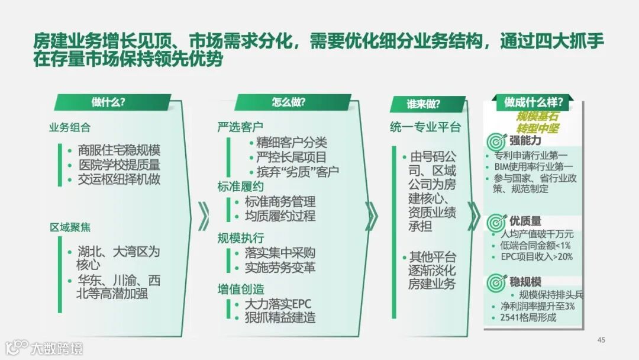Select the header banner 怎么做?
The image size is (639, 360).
289,102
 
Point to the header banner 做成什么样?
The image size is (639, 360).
533,102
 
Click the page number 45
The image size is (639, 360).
601,340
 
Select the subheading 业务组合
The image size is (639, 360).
70,127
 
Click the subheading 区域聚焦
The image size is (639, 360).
70,227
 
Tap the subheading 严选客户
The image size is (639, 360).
240,127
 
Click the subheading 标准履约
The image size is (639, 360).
240,187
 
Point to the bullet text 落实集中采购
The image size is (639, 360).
280,253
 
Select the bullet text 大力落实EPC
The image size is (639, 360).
277,304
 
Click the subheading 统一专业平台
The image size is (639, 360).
425,127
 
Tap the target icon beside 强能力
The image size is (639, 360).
496,142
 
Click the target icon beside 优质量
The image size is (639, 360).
496,222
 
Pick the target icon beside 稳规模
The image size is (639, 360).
496,282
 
